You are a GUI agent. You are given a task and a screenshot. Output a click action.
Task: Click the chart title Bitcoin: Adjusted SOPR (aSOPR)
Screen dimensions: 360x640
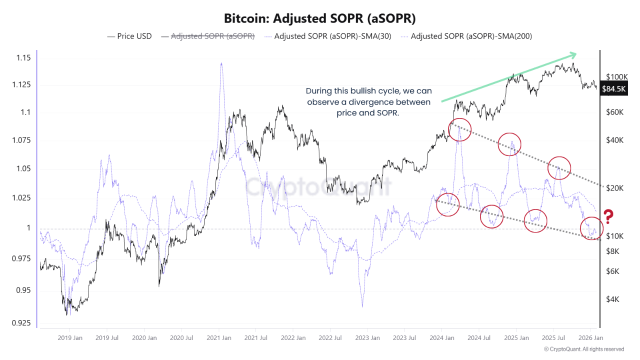click(x=319, y=18)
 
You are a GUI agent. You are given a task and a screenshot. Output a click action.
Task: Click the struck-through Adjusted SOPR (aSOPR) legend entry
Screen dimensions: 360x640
click(x=213, y=36)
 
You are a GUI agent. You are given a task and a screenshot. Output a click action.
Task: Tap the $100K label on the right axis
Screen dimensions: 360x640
click(x=616, y=76)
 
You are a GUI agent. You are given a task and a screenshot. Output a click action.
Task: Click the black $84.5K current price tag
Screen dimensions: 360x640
click(x=613, y=89)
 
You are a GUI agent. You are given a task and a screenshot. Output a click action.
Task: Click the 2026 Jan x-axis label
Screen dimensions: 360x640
click(x=590, y=338)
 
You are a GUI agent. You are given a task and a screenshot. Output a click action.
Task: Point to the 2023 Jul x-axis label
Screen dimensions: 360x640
click(x=405, y=338)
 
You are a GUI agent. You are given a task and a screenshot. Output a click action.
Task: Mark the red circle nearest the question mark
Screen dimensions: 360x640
click(x=591, y=228)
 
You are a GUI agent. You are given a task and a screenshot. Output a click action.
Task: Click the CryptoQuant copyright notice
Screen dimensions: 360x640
click(x=583, y=349)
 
